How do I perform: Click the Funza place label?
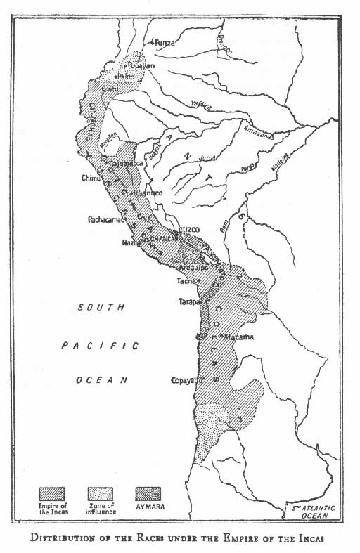coord(165,42)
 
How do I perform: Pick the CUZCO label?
coord(190,230)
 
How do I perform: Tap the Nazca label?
coord(131,242)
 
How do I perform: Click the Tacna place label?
coord(185,281)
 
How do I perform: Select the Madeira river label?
coord(294,159)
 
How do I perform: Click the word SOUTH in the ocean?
coord(102,307)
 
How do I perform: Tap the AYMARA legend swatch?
coord(148,493)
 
